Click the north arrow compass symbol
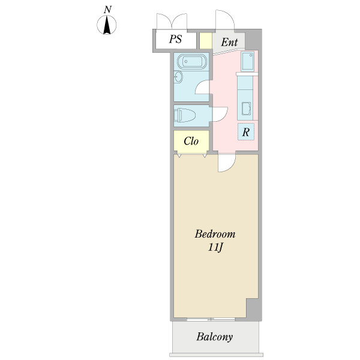(107, 25)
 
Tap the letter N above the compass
(107, 10)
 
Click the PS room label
(176, 39)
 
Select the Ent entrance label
(229, 42)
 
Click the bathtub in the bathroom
(192, 62)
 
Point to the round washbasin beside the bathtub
(178, 77)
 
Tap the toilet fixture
(184, 115)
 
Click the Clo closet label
(191, 141)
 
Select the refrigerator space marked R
(246, 132)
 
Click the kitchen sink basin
(246, 109)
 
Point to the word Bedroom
(215, 234)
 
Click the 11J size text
(215, 247)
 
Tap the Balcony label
(214, 337)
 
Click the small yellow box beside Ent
(205, 41)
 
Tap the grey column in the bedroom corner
(254, 310)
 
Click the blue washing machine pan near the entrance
(247, 61)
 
